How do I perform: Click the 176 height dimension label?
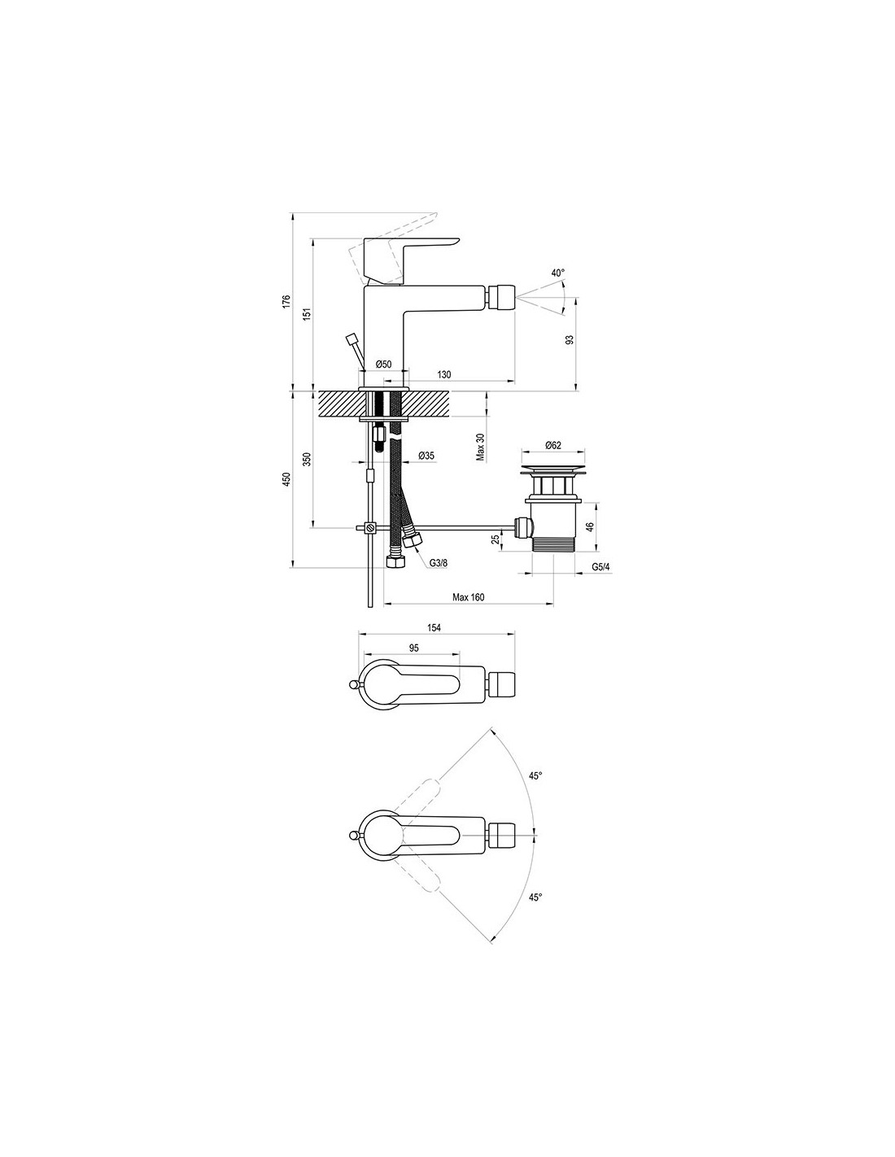click(286, 301)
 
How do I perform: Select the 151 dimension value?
click(307, 315)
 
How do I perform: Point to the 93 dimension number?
click(570, 340)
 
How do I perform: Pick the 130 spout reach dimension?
click(444, 375)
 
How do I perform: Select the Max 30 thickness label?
click(480, 447)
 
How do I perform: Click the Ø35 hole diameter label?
click(426, 456)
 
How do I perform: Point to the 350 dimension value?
click(307, 460)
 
